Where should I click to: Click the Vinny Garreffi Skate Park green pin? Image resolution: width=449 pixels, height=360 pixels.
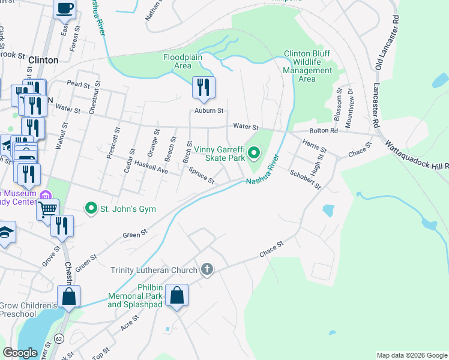254,154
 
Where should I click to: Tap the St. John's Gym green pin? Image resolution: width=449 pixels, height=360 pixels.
91,208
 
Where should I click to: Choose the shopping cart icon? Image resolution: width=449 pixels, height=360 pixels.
47,209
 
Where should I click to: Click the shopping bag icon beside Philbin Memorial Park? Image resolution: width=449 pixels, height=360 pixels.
177,295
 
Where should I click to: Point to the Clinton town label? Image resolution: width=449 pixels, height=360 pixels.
44,60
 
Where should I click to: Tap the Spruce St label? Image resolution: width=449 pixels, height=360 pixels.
202,175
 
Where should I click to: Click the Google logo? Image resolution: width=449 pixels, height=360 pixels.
21,353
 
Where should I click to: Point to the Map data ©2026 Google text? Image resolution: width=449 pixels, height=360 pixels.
411,355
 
